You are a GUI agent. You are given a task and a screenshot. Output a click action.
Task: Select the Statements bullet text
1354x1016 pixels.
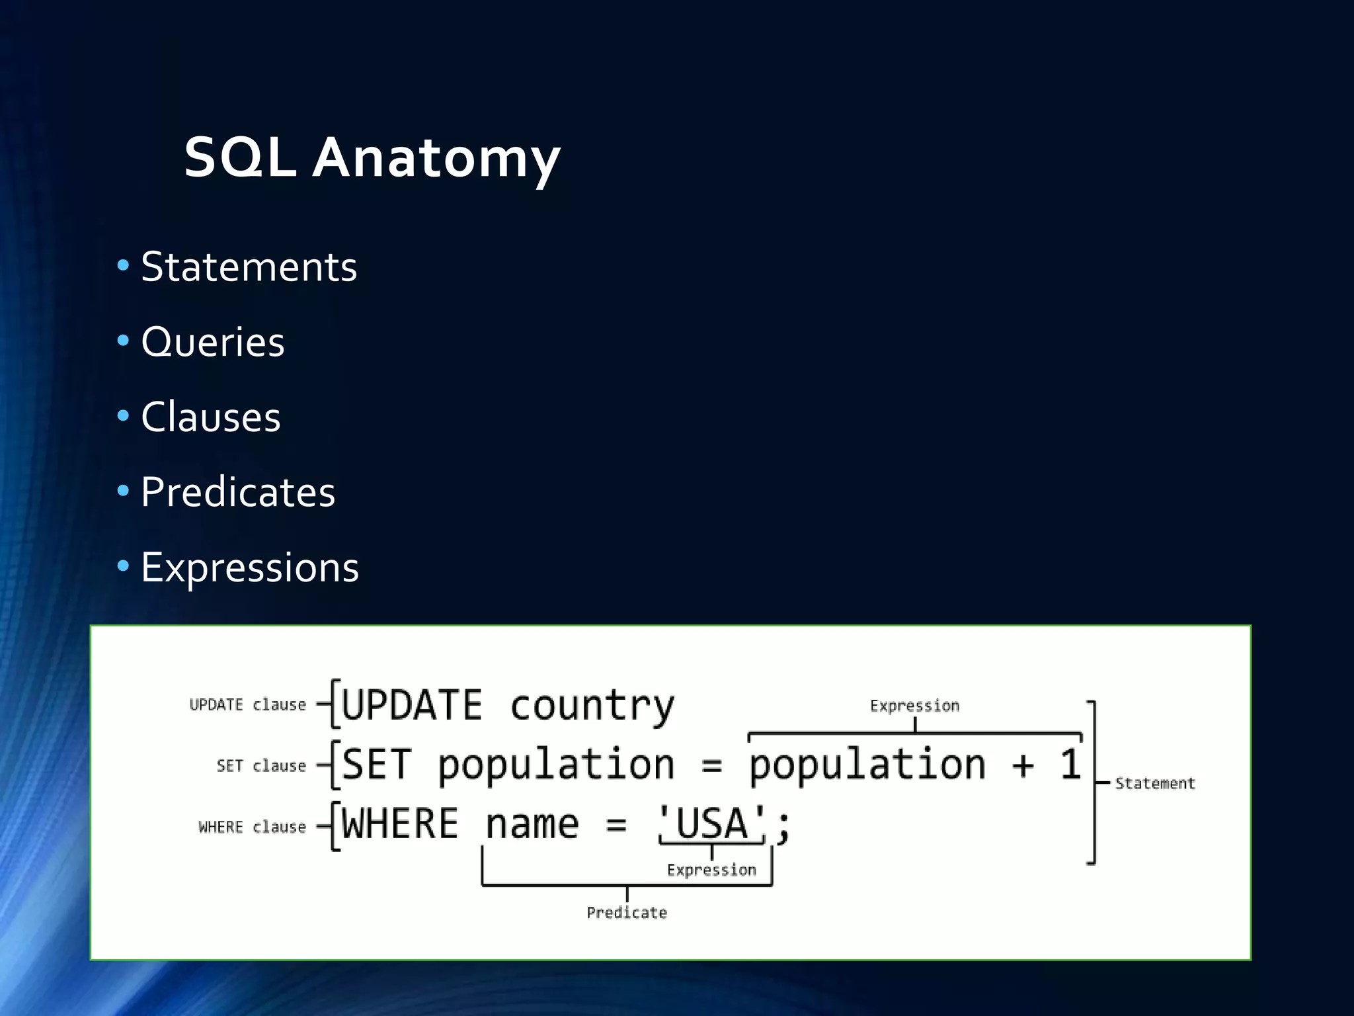click(249, 267)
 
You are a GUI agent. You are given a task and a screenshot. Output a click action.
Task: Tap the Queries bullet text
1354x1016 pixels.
click(212, 343)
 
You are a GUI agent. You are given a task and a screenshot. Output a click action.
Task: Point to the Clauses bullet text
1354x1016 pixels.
click(210, 417)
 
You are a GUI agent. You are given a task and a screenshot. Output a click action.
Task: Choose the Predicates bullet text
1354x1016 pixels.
click(237, 493)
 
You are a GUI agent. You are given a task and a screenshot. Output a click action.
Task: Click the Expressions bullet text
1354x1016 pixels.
click(249, 568)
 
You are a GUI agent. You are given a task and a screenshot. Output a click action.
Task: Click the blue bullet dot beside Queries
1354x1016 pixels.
click(123, 341)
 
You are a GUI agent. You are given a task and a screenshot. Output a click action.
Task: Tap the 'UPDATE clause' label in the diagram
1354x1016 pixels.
click(247, 705)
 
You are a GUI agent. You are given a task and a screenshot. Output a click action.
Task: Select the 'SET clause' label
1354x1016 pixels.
click(261, 766)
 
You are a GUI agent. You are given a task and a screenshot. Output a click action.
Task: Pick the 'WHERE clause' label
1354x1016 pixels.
click(252, 827)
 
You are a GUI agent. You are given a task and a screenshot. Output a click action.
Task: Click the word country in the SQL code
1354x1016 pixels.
click(592, 705)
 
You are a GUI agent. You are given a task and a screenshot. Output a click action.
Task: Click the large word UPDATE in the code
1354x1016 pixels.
click(412, 705)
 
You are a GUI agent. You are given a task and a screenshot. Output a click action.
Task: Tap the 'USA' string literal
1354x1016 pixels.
click(711, 824)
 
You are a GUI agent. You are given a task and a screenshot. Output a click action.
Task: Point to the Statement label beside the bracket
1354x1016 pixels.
click(1154, 784)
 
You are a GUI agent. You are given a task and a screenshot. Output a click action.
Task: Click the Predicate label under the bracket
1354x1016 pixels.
click(627, 913)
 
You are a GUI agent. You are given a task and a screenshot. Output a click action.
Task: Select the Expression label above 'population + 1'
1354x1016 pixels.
click(914, 706)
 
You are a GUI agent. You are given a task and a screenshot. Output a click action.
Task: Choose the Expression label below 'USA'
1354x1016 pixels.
click(711, 870)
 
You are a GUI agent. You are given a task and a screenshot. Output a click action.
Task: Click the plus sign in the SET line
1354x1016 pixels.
click(1022, 766)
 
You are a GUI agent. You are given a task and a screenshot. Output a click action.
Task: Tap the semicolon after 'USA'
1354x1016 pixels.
click(783, 827)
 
